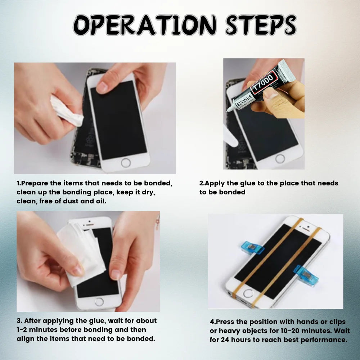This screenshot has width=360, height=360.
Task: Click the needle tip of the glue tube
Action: (x=226, y=112)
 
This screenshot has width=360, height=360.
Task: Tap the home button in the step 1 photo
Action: (x=126, y=162)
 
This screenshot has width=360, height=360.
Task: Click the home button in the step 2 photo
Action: (x=280, y=158)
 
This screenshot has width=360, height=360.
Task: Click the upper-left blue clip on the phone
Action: (x=253, y=248)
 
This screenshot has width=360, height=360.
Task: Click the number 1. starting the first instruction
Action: (x=19, y=183)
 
